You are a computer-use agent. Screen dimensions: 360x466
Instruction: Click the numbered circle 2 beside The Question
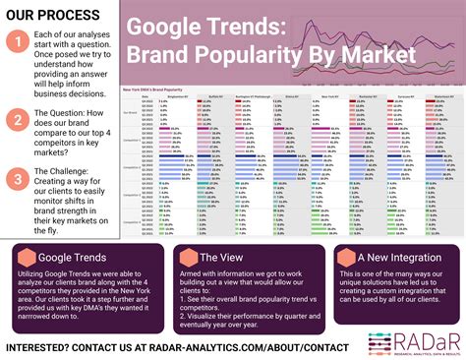17,119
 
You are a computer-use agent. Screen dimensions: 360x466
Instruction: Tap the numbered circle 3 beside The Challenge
17,179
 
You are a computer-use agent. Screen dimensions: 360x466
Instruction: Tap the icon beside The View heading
183,258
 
